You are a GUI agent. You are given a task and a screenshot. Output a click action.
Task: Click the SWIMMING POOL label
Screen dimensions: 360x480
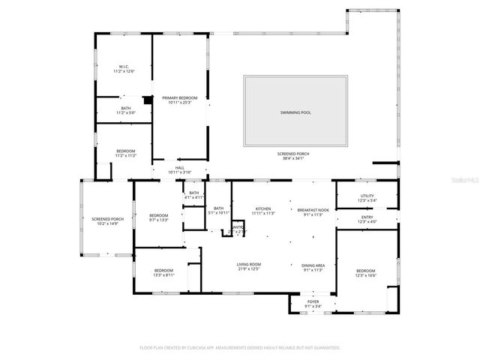click(295, 112)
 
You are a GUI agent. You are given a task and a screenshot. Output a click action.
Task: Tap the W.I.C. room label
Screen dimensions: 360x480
click(124, 67)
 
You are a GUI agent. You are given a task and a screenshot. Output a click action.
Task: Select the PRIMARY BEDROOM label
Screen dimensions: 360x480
click(180, 97)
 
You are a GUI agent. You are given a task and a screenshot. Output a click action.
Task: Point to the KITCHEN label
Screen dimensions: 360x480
click(262, 209)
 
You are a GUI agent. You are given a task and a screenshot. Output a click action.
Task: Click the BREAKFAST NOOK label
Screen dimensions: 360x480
click(313, 209)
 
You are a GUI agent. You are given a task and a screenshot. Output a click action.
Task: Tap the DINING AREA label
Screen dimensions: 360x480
click(313, 265)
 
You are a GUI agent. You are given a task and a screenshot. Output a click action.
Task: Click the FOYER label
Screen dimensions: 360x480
click(313, 301)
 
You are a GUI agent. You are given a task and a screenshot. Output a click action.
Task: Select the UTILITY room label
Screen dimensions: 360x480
click(367, 196)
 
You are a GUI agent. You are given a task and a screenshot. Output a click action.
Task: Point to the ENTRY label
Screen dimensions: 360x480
click(367, 217)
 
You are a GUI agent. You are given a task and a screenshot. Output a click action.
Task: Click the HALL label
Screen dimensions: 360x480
click(180, 168)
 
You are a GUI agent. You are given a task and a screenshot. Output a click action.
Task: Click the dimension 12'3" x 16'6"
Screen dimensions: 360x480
click(365, 275)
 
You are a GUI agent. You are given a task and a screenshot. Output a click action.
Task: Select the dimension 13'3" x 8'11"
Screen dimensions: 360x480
click(163, 275)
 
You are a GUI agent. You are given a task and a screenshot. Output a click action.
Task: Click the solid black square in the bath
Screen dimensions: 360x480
click(148, 99)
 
